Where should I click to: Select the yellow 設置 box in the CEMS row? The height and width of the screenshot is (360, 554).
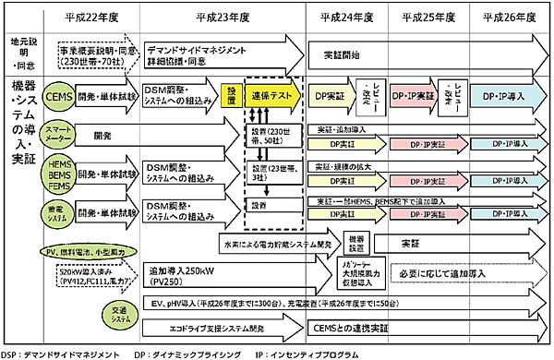click(x=231, y=96)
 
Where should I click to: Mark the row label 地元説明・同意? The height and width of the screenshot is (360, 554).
click(x=20, y=54)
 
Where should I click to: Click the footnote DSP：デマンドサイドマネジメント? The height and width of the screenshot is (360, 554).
click(x=61, y=354)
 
